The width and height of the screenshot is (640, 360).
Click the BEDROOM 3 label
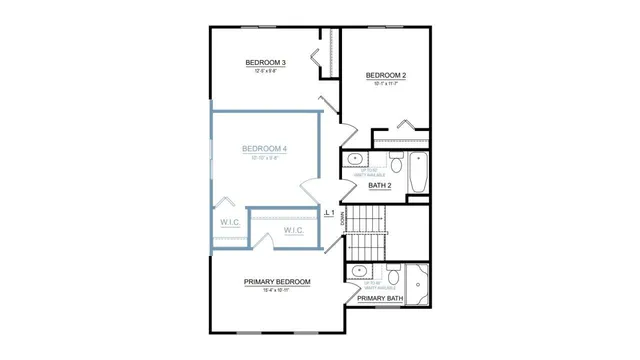266,63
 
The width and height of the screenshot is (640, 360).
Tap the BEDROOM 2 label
385,76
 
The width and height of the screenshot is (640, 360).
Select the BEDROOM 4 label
264,149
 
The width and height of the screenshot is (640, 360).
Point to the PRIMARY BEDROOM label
277,282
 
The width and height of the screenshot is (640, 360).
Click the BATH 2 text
379,186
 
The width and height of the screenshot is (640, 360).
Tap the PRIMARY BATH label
380,298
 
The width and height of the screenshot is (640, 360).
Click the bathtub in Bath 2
419,173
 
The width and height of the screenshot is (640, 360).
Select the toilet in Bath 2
395,163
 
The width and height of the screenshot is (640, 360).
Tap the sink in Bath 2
355,160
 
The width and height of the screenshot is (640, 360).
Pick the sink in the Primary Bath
356,272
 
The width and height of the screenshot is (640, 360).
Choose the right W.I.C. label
293,230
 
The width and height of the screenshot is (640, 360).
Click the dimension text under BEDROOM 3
266,72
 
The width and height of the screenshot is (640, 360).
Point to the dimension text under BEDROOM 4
264,158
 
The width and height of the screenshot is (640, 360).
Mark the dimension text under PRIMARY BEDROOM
277,291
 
